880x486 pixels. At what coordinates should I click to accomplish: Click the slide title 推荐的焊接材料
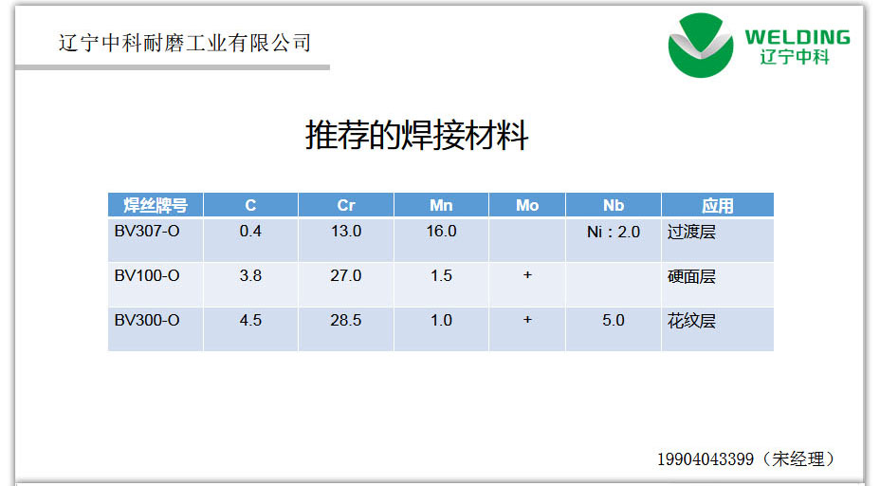coord(416,136)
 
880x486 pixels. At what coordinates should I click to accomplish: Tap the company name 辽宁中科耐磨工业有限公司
coord(185,43)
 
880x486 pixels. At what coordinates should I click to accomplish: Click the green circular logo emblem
coord(701,46)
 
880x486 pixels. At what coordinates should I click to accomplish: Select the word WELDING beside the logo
coord(797,37)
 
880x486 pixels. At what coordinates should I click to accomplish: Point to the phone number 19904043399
coord(706,459)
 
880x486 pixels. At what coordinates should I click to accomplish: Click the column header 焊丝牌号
coord(156,205)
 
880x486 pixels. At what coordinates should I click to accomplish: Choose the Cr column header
coord(346,205)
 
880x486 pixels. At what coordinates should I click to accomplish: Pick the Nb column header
coord(614,205)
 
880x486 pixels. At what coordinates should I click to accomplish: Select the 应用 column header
coord(717,206)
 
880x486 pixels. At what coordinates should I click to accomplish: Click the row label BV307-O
coord(147,231)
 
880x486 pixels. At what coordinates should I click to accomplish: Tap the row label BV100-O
coord(147,275)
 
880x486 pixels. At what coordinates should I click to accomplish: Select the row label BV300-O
coord(147,320)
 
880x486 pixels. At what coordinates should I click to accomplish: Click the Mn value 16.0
coord(441,231)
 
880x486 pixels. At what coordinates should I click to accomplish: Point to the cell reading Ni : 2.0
coord(614,232)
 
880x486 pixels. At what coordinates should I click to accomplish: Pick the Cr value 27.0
coord(346,275)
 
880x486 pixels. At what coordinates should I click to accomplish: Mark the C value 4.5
coord(250,320)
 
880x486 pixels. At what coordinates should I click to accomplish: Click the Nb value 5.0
coord(614,320)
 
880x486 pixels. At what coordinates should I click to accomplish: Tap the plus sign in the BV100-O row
coord(527,274)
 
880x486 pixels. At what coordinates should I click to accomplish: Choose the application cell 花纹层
coord(691,321)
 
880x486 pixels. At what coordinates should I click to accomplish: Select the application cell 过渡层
coord(691,232)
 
